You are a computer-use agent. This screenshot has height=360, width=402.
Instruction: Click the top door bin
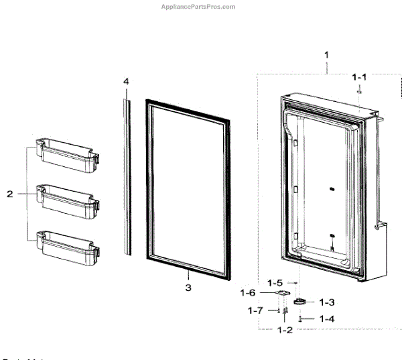[x=68, y=154]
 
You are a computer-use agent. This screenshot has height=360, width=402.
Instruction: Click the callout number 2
[x=10, y=194]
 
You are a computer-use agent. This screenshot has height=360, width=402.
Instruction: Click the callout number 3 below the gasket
[x=188, y=288]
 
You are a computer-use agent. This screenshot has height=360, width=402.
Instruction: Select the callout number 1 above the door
[x=326, y=54]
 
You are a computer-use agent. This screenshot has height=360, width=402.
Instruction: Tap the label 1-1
[x=360, y=78]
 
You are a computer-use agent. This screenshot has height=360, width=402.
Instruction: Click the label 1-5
[x=275, y=284]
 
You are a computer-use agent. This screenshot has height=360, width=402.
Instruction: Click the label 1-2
[x=285, y=330]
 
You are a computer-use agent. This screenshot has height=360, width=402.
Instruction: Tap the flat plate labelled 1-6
[x=283, y=294]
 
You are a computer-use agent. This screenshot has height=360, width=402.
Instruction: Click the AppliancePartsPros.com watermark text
[x=200, y=7]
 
